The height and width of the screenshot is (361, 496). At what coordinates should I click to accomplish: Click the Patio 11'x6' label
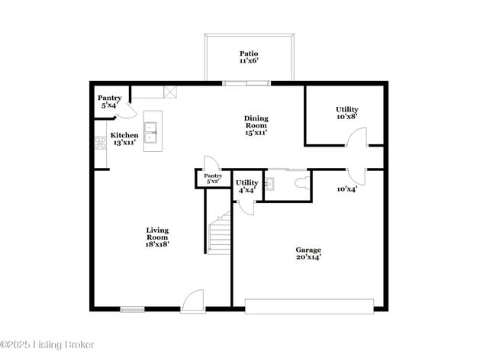point(250,56)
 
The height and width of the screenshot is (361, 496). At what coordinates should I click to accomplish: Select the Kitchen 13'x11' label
point(125,139)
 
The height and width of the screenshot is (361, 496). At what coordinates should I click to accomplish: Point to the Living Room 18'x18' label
point(157,237)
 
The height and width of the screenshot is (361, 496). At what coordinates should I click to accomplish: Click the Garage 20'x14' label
point(308,253)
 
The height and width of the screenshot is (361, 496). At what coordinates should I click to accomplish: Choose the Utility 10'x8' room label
point(347,113)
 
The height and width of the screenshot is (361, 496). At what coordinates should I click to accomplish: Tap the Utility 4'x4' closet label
point(246,186)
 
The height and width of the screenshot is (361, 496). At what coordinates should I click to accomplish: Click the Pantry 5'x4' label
point(109,102)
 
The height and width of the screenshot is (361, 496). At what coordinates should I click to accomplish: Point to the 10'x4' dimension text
point(347,189)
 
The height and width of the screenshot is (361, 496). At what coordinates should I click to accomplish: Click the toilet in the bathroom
point(300,183)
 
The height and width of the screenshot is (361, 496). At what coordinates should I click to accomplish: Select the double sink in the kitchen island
point(152,131)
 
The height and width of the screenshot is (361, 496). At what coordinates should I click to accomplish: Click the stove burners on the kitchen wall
point(99,142)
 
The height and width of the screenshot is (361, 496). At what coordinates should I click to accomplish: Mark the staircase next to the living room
point(220,234)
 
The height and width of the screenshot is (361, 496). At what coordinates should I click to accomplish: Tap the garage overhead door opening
point(309,306)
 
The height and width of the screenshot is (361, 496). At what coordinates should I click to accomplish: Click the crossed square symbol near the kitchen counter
point(171,92)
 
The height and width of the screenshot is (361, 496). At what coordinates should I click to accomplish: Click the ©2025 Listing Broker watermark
point(47,345)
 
